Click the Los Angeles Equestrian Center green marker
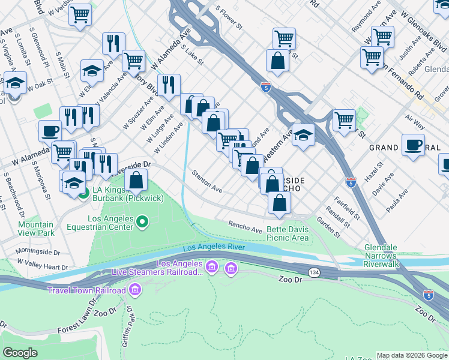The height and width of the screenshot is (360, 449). coord(142,223)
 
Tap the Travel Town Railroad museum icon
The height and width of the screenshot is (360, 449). coord(134,291)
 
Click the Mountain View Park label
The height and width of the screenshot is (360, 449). coord(35,229)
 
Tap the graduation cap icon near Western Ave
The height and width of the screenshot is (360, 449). coord(304,136)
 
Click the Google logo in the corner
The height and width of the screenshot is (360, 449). coord(20,353)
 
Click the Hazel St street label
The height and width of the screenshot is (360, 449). coord(378,172)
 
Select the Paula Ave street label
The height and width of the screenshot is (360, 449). coord(399,201)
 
